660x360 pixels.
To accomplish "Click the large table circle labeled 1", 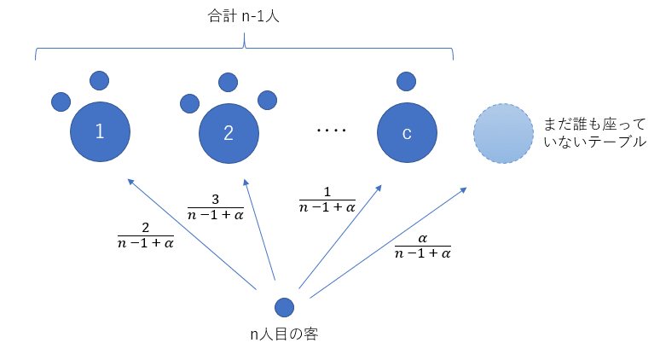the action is click(x=100, y=132).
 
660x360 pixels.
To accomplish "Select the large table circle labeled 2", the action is click(x=228, y=132).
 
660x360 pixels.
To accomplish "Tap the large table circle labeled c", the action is click(x=407, y=132).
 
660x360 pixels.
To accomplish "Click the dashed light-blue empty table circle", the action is click(x=503, y=133).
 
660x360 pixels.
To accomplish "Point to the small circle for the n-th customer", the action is click(x=284, y=307).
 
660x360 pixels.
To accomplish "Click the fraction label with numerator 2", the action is click(x=145, y=235).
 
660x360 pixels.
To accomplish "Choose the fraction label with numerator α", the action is click(x=423, y=246).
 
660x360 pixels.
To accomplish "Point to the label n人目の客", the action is click(x=284, y=334).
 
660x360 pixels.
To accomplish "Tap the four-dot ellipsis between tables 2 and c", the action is click(x=331, y=131).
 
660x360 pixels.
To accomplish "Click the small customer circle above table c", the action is click(x=407, y=82).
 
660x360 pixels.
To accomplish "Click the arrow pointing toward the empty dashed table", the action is click(x=388, y=242).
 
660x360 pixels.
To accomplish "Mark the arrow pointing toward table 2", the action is click(x=260, y=230).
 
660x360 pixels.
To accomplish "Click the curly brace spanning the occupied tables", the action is click(x=245, y=48).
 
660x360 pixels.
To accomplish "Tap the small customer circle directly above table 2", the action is click(x=228, y=82).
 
